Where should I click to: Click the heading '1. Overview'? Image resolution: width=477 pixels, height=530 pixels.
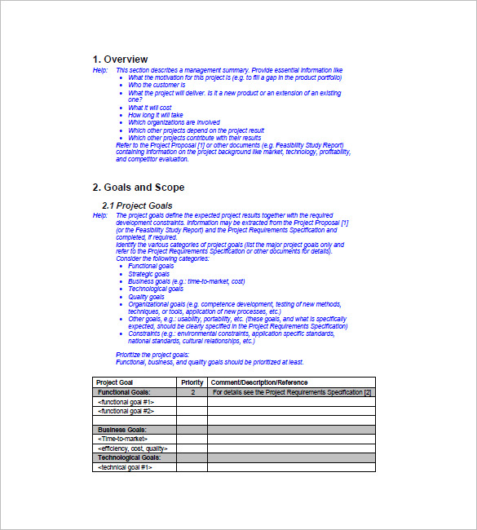tap(120, 60)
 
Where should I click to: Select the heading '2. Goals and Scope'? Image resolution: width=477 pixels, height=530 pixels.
tap(138, 188)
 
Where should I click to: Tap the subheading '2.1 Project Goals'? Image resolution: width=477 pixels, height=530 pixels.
tap(137, 205)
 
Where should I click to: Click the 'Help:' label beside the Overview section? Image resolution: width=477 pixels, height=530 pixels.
tap(100, 71)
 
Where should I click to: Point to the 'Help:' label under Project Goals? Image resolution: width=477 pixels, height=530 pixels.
tap(100, 215)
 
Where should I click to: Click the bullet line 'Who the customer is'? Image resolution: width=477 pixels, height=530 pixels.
tap(157, 85)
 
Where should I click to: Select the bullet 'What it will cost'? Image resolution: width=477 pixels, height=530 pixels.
tap(150, 108)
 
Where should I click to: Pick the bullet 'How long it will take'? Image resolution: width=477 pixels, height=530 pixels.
tap(156, 115)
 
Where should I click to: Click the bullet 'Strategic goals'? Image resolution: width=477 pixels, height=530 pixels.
tap(149, 274)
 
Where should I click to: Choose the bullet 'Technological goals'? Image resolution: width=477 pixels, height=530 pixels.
tap(156, 289)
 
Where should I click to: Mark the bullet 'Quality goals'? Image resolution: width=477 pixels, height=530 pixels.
tap(148, 297)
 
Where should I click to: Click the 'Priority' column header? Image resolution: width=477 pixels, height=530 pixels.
tap(192, 382)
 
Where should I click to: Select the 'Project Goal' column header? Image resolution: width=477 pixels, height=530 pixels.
tap(115, 382)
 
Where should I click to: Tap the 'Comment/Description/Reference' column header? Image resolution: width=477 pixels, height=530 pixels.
tap(259, 382)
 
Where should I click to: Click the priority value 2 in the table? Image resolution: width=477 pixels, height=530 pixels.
tap(192, 392)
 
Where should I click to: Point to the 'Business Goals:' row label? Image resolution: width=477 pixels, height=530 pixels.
tap(122, 430)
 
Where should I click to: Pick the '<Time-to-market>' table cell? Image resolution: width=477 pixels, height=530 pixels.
tap(123, 439)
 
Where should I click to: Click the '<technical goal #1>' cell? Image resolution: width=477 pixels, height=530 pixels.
tap(125, 467)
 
